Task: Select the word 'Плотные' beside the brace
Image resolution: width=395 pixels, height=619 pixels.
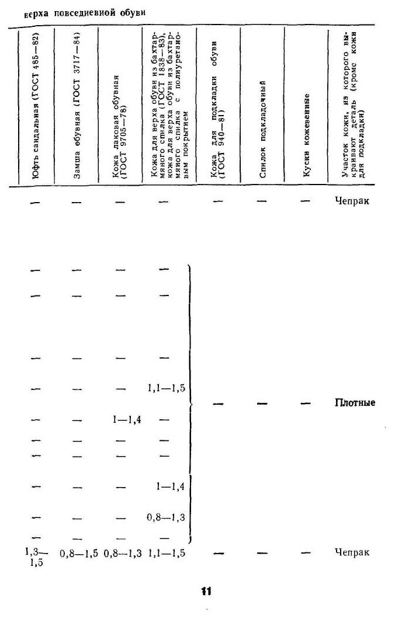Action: click(355, 403)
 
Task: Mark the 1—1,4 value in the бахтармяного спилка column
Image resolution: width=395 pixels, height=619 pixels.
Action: click(171, 486)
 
